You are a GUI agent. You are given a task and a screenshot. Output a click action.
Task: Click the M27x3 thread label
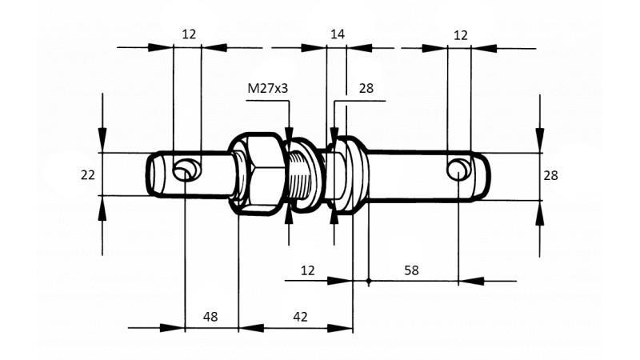[x=267, y=88]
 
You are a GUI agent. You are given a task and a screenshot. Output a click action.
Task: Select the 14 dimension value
[x=337, y=34]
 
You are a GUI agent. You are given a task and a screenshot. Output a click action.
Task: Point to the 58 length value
[x=412, y=271]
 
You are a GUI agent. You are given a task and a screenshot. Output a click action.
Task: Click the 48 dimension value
[x=210, y=317]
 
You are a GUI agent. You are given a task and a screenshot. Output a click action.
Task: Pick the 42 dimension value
[x=300, y=317]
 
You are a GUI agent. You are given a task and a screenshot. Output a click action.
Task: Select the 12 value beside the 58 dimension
[x=308, y=271]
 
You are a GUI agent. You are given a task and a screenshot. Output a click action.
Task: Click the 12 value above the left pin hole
[x=189, y=34]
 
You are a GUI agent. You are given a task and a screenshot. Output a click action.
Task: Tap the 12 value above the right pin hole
[x=460, y=34]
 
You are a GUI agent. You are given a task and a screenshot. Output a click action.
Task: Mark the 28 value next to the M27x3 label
[x=366, y=88]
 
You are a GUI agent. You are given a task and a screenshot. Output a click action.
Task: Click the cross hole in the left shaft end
[x=186, y=170]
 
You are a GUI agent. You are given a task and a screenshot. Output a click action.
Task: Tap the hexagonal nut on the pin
[x=258, y=174]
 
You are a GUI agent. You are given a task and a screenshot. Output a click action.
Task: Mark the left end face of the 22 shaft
[x=150, y=174]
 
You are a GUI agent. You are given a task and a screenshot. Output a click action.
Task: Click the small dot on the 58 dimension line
[x=368, y=281]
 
